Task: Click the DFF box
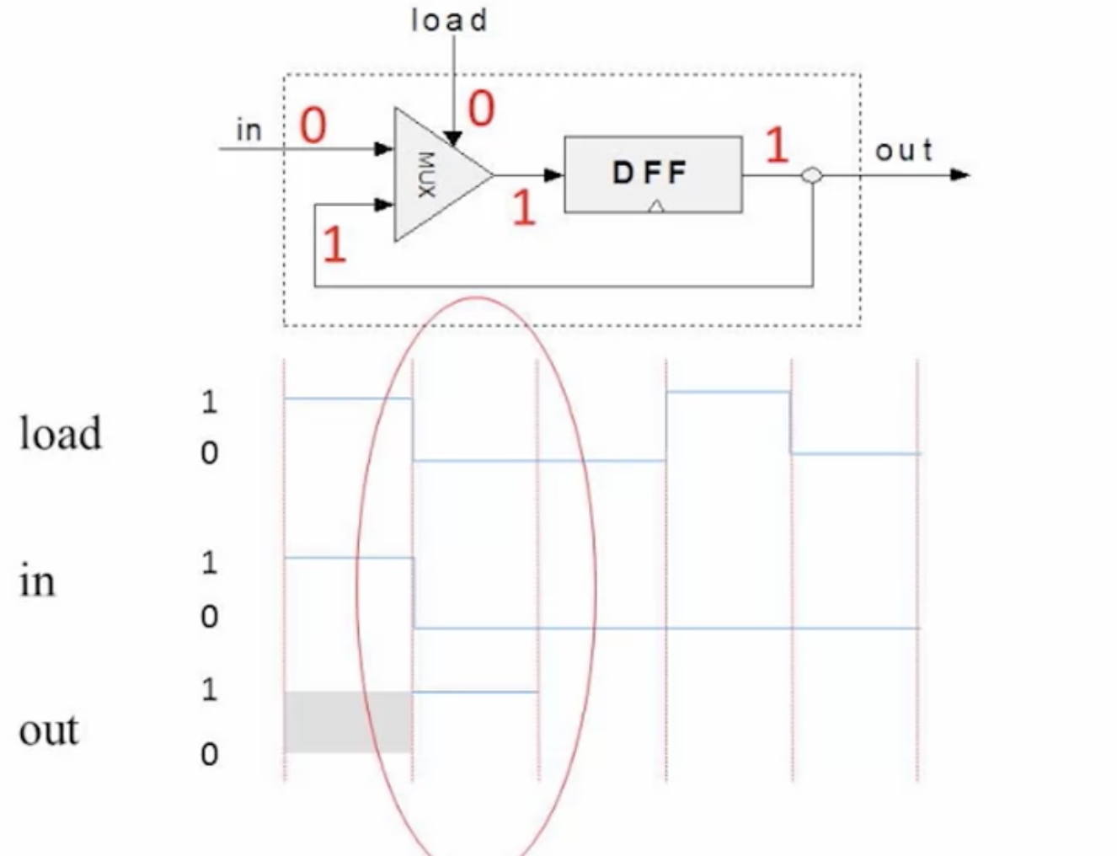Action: [653, 174]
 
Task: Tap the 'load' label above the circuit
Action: [449, 21]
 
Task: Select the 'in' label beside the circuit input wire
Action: [249, 130]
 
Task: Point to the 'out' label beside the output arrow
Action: [904, 150]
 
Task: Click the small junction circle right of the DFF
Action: [812, 175]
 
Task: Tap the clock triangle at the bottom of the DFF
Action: [656, 206]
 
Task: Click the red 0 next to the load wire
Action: [481, 109]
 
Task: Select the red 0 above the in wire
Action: [313, 126]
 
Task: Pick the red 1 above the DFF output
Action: [777, 145]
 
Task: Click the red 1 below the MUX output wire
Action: [524, 206]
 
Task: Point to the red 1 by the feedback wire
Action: [334, 244]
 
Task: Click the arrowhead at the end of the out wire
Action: [959, 175]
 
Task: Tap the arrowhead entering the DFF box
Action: [553, 175]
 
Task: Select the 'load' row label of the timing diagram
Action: [61, 433]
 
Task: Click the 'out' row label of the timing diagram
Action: [49, 729]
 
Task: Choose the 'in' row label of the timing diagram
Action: [36, 581]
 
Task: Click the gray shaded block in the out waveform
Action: [348, 722]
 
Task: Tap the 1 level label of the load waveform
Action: [209, 402]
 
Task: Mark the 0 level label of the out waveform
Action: [209, 754]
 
